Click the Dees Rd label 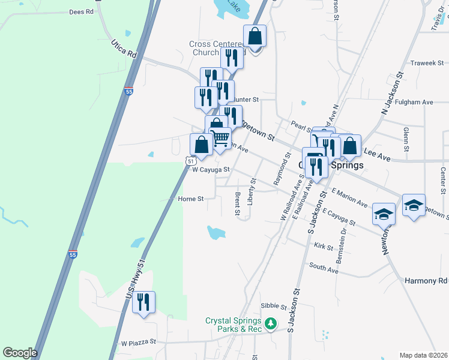(x=82, y=11)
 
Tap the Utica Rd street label (x=124, y=49)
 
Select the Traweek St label (x=427, y=63)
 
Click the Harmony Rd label (x=426, y=281)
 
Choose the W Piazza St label (x=138, y=343)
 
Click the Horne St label (x=191, y=198)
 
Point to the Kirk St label (x=323, y=246)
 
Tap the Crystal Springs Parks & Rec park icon (x=271, y=324)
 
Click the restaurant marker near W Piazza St (x=143, y=302)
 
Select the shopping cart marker (x=220, y=138)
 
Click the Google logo (x=20, y=353)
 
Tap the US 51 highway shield (x=190, y=161)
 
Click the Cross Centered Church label (x=214, y=48)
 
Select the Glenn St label (x=406, y=139)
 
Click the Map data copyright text (x=423, y=355)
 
